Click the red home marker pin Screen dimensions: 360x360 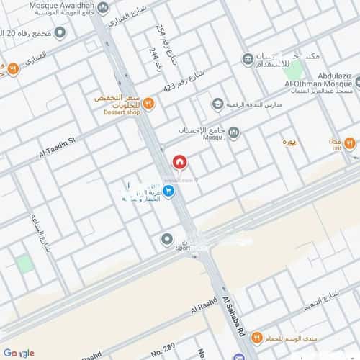[x=179, y=161]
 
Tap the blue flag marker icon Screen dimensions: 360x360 [x=168, y=192]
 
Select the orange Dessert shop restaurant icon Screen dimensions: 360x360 [x=148, y=103]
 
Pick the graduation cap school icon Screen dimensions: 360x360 [x=217, y=105]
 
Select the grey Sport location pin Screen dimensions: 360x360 [x=167, y=238]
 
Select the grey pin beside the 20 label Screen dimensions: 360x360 [x=60, y=33]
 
